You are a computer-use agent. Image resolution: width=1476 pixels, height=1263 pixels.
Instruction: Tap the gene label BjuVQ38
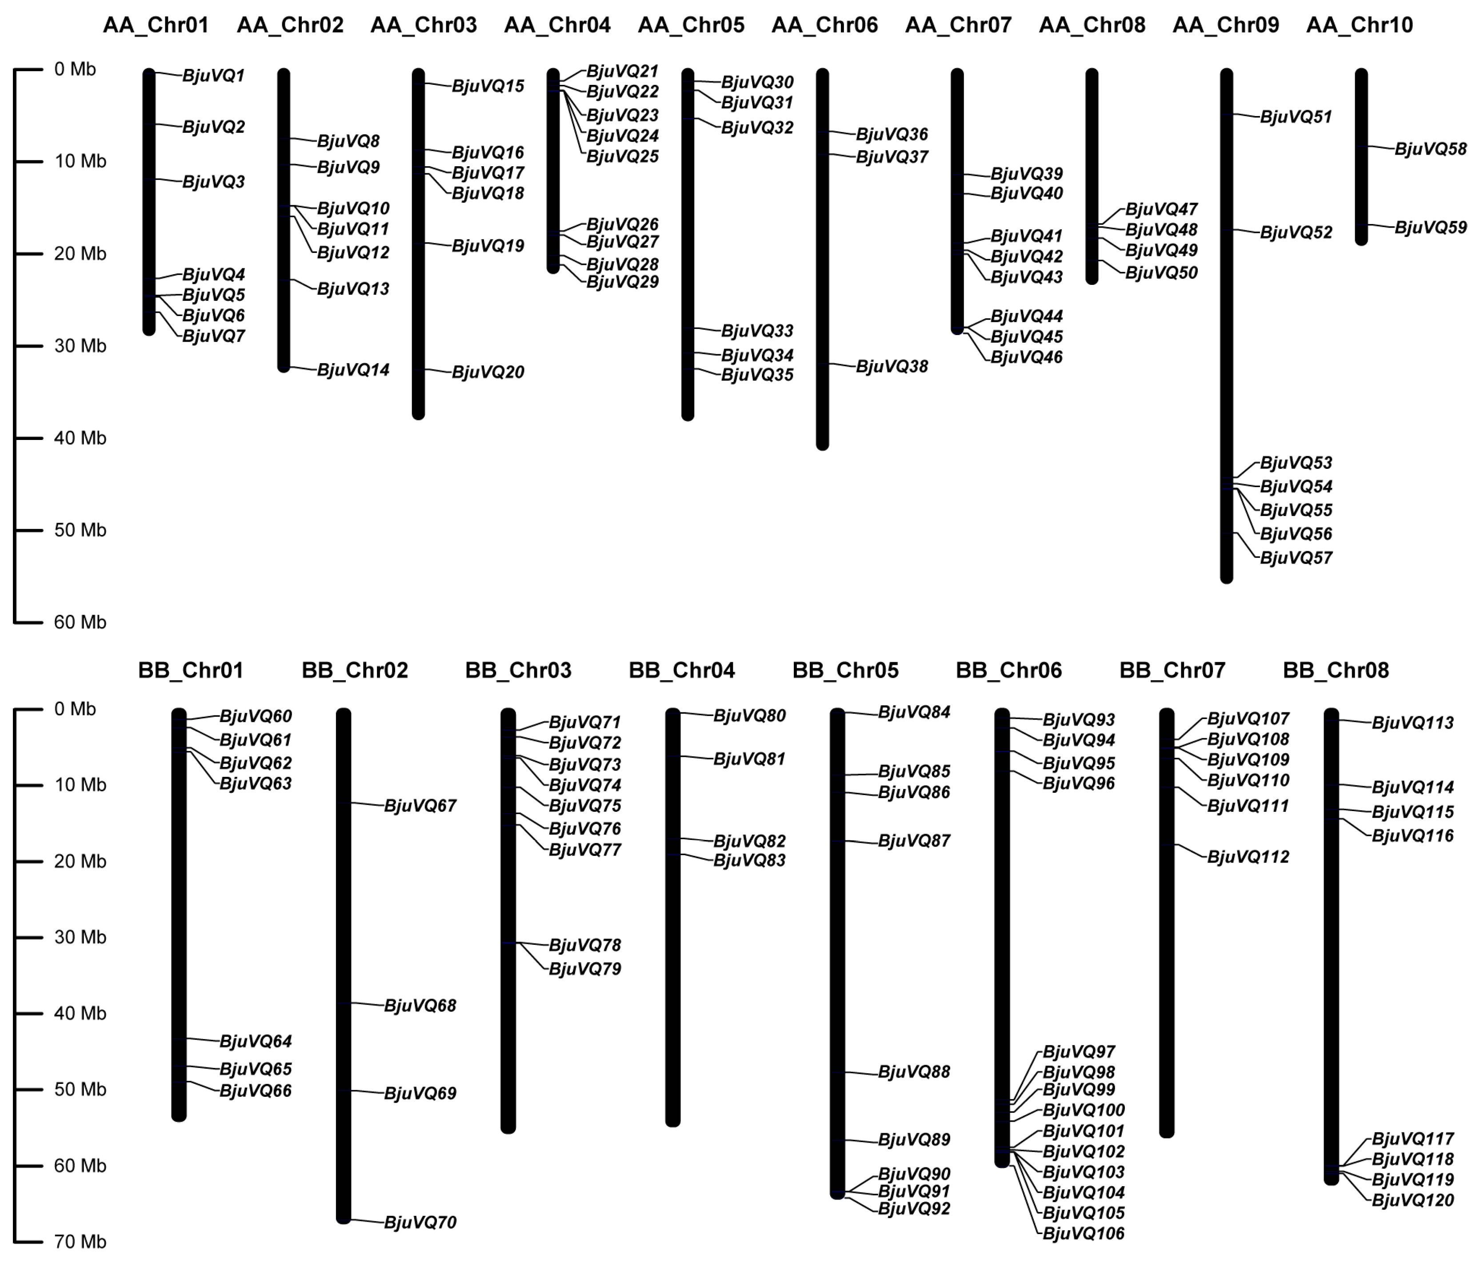tap(892, 367)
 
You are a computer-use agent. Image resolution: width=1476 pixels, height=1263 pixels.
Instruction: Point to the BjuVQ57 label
tap(1296, 558)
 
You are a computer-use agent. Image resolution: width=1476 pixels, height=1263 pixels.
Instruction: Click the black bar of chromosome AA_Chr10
tap(1360, 157)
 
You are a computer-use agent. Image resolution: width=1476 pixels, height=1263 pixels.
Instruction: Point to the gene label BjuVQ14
tap(353, 370)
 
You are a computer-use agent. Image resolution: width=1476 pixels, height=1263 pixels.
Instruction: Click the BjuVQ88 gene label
tap(914, 1071)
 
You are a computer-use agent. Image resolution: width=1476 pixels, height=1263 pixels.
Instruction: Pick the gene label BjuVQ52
tap(1296, 232)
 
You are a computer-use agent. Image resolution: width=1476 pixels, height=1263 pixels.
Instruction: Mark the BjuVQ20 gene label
tap(488, 372)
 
